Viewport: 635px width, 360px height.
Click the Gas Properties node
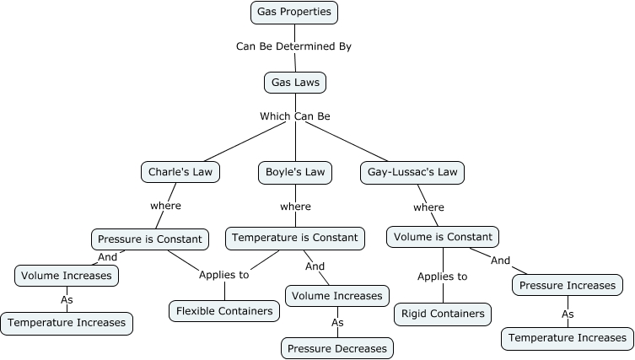pos(295,13)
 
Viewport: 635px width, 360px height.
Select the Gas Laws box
pos(294,83)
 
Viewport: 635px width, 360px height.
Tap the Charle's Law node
pos(180,172)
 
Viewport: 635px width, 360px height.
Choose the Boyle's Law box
pos(294,172)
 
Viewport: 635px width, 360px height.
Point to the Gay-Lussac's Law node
pos(412,172)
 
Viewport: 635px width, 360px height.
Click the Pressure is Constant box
pos(149,239)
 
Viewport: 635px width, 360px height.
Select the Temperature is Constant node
pos(295,238)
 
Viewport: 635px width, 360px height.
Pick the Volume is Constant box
pos(444,237)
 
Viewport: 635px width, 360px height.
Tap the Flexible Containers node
pos(224,311)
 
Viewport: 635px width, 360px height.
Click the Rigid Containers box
pos(443,314)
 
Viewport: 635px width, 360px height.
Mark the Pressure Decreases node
pos(337,347)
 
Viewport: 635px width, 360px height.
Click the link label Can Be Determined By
pos(293,46)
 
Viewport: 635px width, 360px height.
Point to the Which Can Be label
pos(294,116)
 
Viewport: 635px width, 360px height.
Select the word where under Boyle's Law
pos(295,206)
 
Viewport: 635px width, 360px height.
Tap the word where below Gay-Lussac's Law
pos(428,207)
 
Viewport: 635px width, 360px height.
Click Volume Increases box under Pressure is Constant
pos(67,275)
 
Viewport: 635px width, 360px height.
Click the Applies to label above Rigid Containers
pos(443,276)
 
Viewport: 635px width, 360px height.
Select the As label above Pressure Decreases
pos(337,321)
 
